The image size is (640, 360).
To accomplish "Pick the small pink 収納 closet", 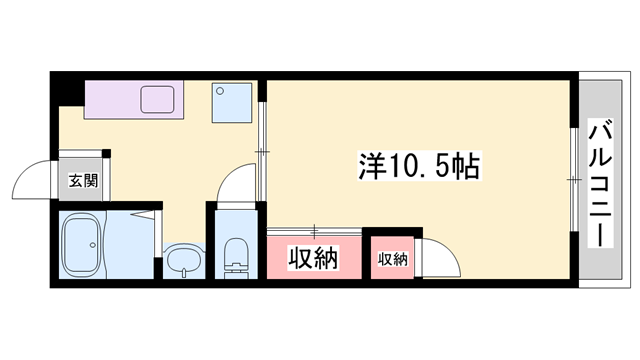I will [393, 259].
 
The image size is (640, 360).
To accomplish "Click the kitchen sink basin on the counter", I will [158, 100].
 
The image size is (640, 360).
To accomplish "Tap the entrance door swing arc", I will [32, 180].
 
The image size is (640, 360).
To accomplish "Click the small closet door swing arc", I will [440, 257].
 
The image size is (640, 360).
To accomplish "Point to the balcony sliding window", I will [574, 180].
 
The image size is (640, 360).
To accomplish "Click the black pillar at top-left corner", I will [67, 87].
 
